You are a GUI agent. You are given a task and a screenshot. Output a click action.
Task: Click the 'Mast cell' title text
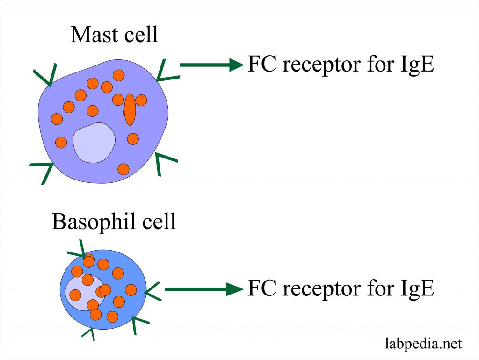point(114,35)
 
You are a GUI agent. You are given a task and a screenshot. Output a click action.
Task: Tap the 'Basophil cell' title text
point(114,221)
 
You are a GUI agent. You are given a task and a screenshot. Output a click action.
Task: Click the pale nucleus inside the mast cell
point(94,143)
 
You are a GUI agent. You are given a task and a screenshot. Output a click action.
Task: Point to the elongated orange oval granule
point(130,109)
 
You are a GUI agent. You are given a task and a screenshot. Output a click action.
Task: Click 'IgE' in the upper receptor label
point(414,65)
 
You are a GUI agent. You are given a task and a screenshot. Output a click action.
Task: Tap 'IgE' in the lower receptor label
point(414,289)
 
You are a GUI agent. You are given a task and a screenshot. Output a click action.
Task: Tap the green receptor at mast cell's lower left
point(44,169)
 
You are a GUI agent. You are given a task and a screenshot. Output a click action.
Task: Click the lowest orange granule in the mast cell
point(123,169)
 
